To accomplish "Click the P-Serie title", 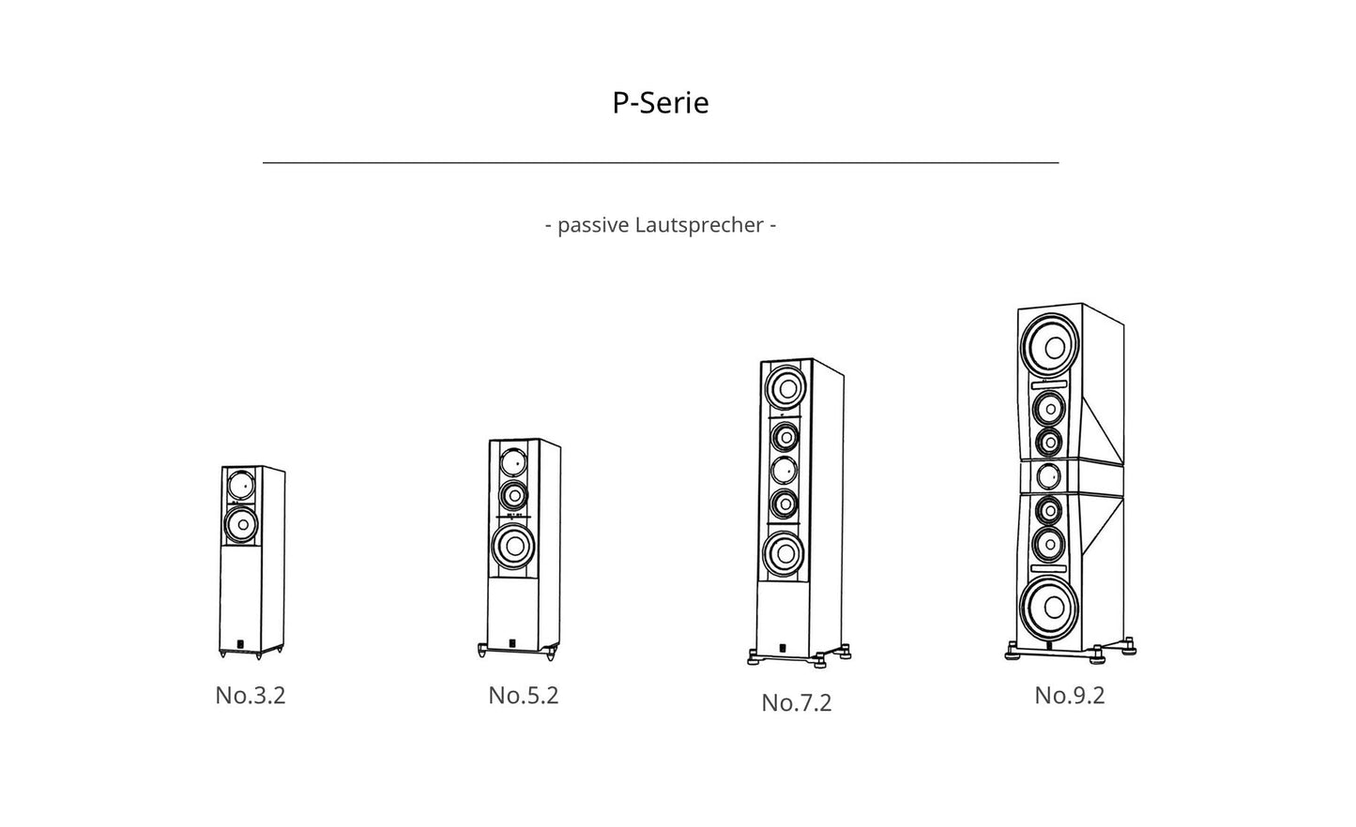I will [660, 102].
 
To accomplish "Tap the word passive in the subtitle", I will [592, 225].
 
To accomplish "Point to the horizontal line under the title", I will [660, 162].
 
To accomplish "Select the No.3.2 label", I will [250, 695].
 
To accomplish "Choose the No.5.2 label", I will [523, 695].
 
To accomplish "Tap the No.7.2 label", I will [796, 702].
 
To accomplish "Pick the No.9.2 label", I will [1069, 695].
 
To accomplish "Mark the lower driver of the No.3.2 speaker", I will [240, 522].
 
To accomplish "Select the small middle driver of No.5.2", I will [512, 494].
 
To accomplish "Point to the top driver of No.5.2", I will [512, 461].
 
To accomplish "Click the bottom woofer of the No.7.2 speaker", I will [785, 555].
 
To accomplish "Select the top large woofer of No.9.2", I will [1050, 345].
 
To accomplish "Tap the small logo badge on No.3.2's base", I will [239, 643].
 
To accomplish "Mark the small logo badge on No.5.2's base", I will [511, 643].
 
